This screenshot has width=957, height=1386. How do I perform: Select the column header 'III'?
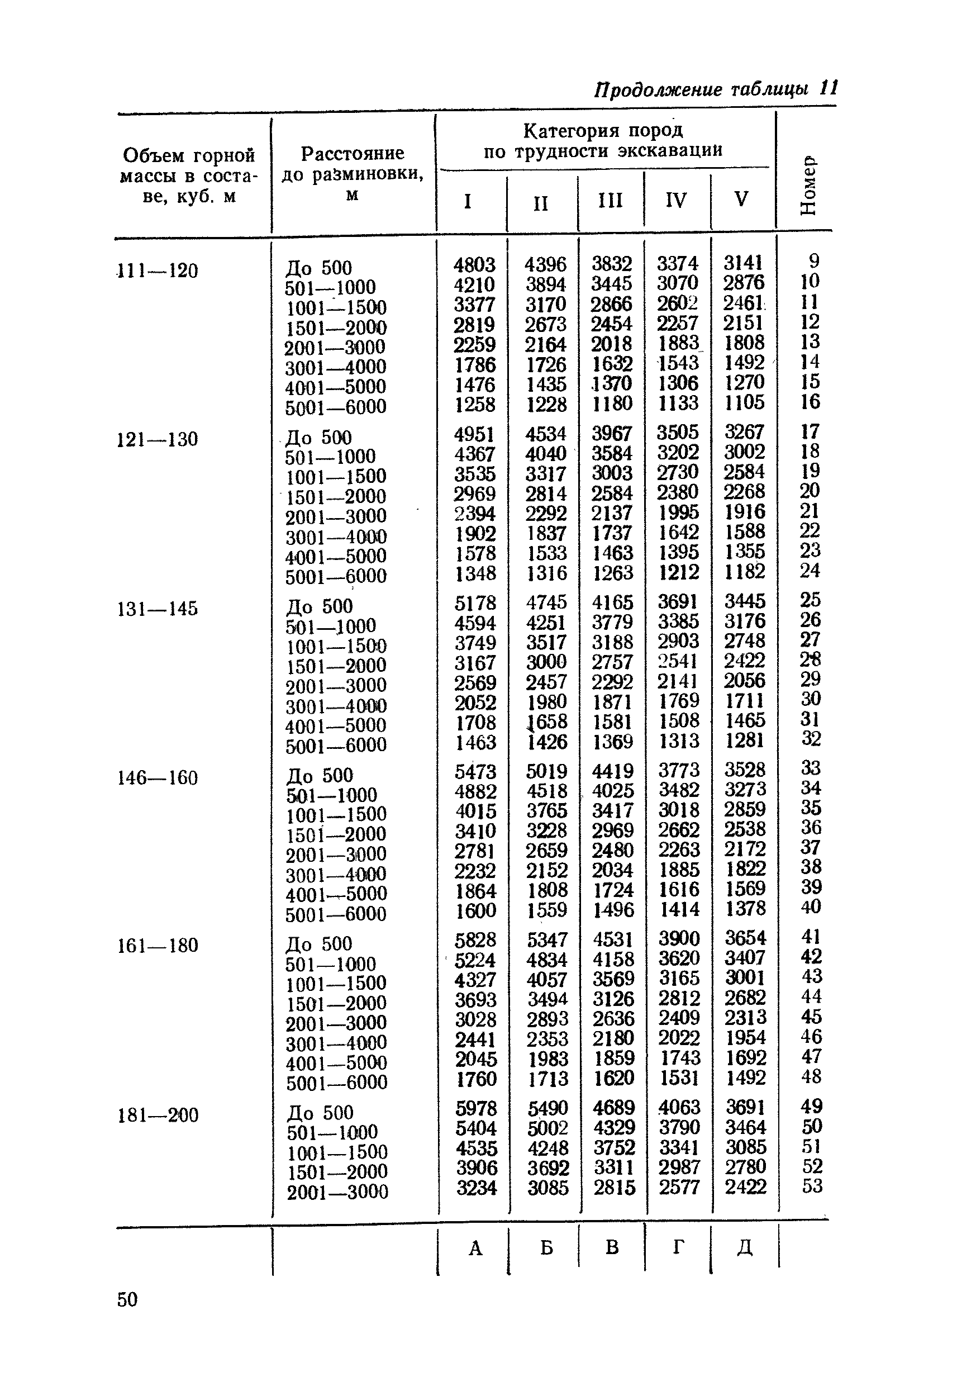(x=610, y=200)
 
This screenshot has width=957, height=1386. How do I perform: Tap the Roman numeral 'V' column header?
(x=741, y=198)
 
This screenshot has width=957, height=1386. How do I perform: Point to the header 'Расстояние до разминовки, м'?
(x=353, y=173)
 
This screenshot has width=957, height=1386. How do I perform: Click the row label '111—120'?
(x=157, y=271)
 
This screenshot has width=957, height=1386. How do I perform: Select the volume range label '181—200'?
(x=158, y=1115)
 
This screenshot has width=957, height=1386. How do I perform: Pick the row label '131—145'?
(x=157, y=609)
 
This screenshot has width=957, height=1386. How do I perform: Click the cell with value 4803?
(x=474, y=264)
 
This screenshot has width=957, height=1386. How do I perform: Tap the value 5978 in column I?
(x=476, y=1108)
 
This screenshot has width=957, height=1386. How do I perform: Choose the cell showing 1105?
(x=744, y=402)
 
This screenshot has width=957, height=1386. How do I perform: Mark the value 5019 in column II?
(x=546, y=771)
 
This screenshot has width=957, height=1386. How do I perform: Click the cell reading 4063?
(x=679, y=1107)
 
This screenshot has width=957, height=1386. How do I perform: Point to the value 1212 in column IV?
(x=679, y=572)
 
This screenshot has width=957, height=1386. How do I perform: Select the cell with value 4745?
(x=546, y=602)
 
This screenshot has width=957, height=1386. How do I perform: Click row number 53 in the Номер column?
(x=812, y=1186)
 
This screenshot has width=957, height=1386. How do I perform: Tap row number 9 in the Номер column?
(x=813, y=261)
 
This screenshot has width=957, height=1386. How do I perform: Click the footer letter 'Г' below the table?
(x=678, y=1247)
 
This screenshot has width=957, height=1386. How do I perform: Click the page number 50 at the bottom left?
(x=127, y=1299)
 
